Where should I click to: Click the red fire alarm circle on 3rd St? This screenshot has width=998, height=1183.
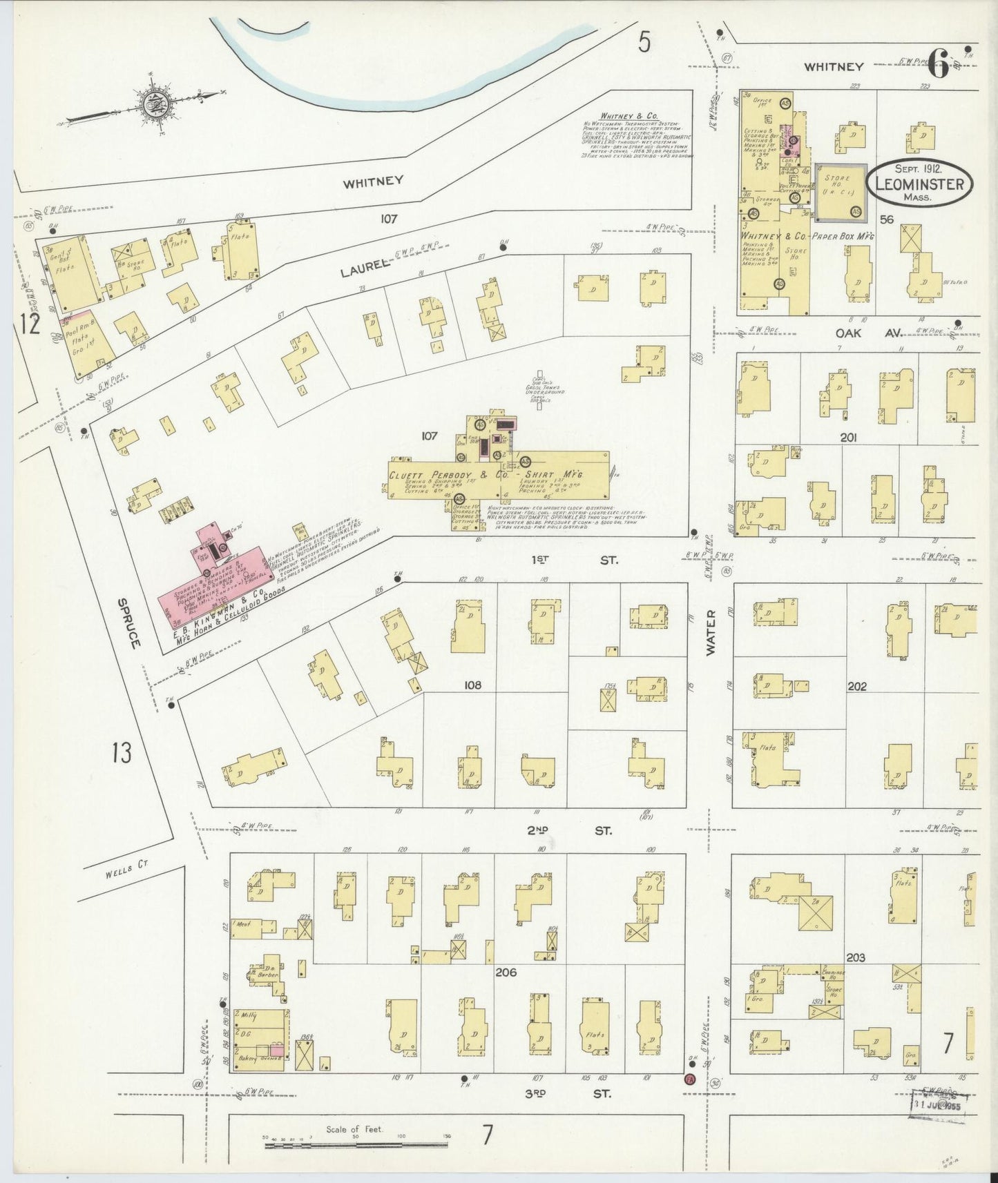[x=689, y=1099]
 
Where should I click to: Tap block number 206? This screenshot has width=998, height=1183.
[x=506, y=972]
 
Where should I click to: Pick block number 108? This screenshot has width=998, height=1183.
[x=472, y=685]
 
